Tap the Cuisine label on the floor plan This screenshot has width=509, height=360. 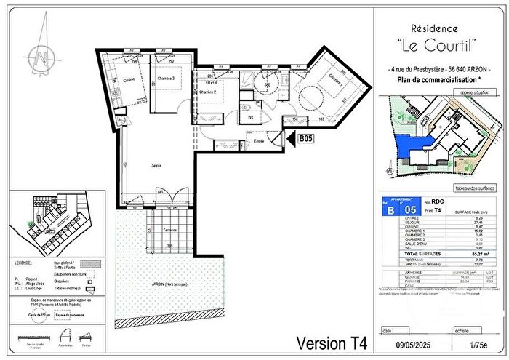[128, 79]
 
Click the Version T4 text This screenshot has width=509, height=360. [332, 340]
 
